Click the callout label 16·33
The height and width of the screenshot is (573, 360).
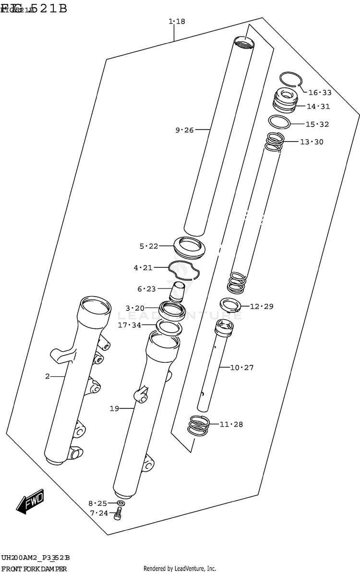click(x=320, y=93)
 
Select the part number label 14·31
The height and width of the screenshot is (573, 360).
click(x=319, y=107)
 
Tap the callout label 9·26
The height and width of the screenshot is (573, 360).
click(x=184, y=130)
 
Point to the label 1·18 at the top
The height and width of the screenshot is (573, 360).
click(x=177, y=22)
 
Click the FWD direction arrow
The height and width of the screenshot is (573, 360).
click(x=30, y=501)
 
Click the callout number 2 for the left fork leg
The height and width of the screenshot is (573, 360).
click(x=48, y=377)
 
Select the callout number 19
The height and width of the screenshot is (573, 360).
click(x=114, y=409)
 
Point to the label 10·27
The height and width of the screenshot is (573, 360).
click(x=242, y=368)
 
